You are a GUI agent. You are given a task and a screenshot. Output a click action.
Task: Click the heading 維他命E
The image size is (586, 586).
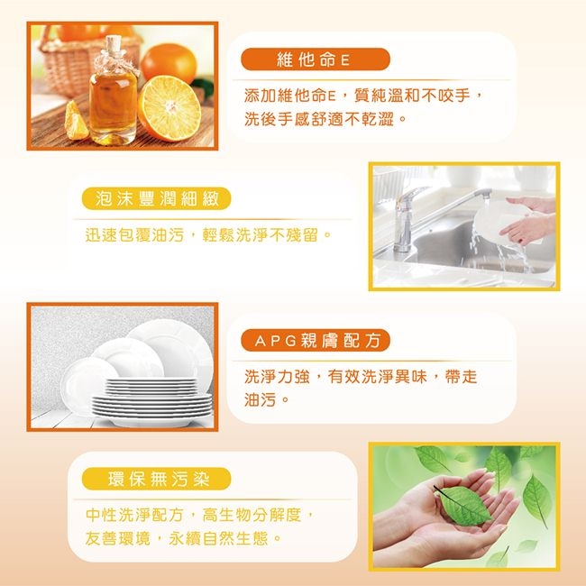pyautogui.click(x=313, y=60)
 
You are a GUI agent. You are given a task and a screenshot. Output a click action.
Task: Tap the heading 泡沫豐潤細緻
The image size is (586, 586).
pyautogui.click(x=157, y=198)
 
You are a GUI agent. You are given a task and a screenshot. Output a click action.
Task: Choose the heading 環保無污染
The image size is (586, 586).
pyautogui.click(x=159, y=479)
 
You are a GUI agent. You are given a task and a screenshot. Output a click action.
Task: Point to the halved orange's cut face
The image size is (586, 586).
pyautogui.click(x=170, y=108)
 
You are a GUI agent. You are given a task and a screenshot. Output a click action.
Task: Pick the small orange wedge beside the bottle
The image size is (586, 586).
pyautogui.click(x=76, y=122)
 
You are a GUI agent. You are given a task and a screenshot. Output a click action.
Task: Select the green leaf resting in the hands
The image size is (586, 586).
pyautogui.click(x=463, y=505)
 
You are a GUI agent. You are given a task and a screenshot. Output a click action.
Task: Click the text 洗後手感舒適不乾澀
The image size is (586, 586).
pyautogui.click(x=319, y=119)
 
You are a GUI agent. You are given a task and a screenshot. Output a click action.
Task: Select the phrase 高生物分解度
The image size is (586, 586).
pyautogui.click(x=252, y=515)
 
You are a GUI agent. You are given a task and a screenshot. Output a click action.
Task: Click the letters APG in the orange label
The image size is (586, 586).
pyautogui.click(x=276, y=341)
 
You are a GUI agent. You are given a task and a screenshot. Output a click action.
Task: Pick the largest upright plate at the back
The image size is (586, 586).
pyautogui.click(x=172, y=352)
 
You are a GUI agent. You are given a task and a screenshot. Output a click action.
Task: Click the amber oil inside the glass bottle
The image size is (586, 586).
pyautogui.click(x=113, y=105)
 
